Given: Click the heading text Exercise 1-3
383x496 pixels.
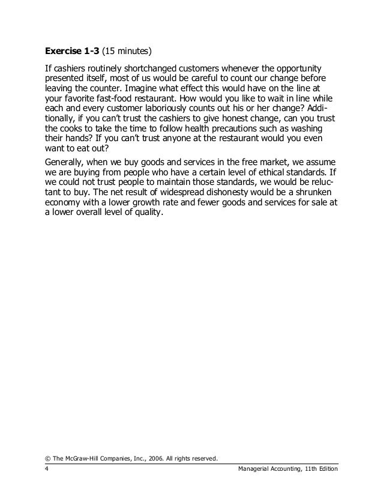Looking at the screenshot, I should [x=74, y=49].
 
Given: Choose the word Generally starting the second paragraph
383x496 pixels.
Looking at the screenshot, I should [x=68, y=162].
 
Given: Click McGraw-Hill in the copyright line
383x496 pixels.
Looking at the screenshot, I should [x=84, y=459].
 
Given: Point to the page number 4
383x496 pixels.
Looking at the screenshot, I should [x=47, y=470].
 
